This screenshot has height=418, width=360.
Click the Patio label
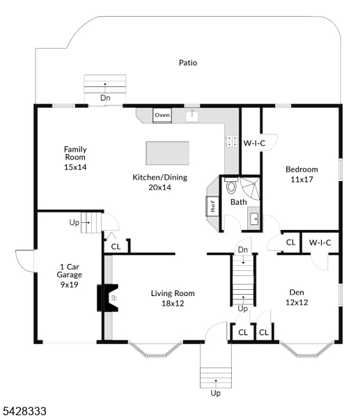click(x=188, y=63)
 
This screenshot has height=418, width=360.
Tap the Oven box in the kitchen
click(x=162, y=116)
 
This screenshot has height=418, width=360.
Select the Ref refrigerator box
click(x=212, y=206)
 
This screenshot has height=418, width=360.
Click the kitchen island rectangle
click(x=167, y=153)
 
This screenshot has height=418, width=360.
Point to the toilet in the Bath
click(x=231, y=185)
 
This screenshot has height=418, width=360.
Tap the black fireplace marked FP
click(x=108, y=297)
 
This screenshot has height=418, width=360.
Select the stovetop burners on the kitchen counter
click(x=232, y=141)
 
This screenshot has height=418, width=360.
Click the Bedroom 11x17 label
click(x=302, y=174)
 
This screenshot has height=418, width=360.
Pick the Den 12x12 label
click(x=297, y=297)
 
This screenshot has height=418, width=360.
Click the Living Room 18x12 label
click(x=173, y=298)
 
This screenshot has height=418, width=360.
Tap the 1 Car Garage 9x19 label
click(x=69, y=276)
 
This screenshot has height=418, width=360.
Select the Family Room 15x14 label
click(x=75, y=158)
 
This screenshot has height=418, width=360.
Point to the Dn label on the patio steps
click(x=105, y=98)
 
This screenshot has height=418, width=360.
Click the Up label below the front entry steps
click(x=216, y=393)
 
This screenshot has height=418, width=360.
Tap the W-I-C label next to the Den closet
click(x=320, y=242)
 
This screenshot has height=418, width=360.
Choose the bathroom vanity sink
click(x=254, y=219)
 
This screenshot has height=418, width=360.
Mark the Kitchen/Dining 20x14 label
click(x=160, y=183)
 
